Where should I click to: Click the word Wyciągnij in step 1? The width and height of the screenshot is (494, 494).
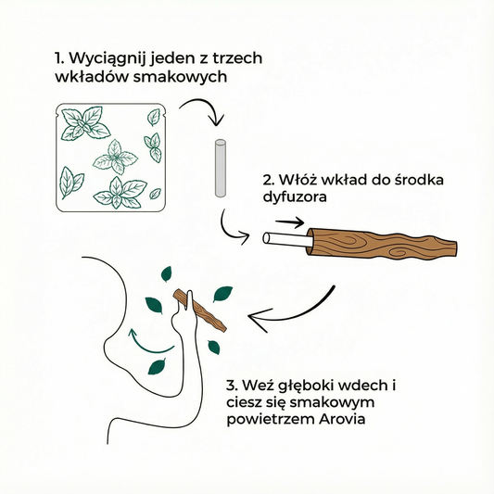tap(108, 59)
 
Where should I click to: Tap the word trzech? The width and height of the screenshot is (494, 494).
tap(237, 58)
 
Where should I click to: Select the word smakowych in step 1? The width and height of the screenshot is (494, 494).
tap(180, 77)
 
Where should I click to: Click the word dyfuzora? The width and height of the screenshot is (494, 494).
tap(295, 197)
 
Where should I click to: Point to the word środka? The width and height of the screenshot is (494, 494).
tap(419, 180)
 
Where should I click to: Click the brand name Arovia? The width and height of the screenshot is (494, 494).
tap(342, 419)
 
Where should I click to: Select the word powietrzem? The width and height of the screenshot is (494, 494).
tap(272, 420)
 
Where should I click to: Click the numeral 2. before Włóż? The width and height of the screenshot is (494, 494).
tap(269, 180)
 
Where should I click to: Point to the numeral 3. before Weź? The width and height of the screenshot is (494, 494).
tap(232, 386)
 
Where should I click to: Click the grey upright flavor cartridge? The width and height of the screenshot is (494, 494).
tap(221, 169)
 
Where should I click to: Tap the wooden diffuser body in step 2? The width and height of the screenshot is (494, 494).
tap(382, 244)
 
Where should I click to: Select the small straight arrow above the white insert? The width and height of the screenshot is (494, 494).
tap(289, 222)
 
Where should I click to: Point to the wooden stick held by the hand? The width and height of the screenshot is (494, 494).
tap(200, 310)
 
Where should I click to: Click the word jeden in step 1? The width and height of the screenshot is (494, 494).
tap(175, 59)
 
